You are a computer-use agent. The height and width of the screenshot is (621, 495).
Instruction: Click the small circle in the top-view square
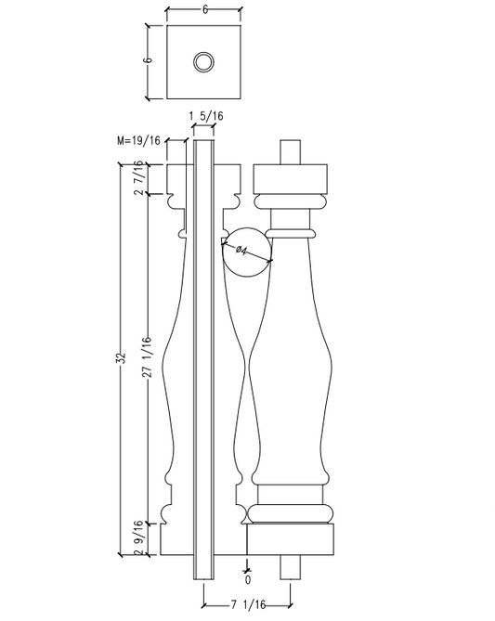point(202,62)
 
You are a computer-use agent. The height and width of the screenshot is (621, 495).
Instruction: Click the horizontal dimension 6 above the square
point(202,9)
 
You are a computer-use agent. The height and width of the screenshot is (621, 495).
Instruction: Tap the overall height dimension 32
point(120,360)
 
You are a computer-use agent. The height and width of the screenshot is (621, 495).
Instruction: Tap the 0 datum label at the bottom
point(247,579)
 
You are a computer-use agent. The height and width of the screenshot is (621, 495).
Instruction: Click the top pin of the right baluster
point(290,151)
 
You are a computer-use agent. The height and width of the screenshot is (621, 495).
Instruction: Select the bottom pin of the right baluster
point(290,566)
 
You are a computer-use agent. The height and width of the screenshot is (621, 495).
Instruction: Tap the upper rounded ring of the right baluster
point(290,201)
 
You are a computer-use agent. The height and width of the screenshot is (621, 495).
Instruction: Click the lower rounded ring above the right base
point(290,512)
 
